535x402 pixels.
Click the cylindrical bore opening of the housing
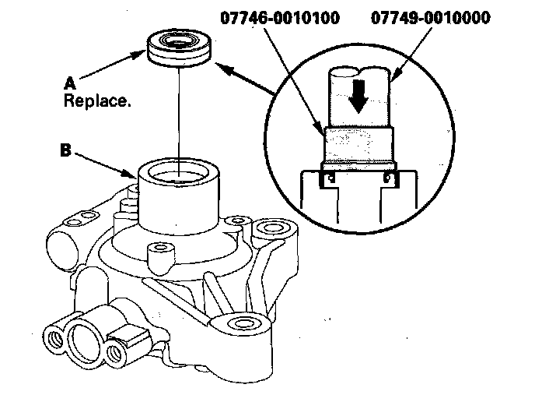178,172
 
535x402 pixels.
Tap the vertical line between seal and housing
178,117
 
